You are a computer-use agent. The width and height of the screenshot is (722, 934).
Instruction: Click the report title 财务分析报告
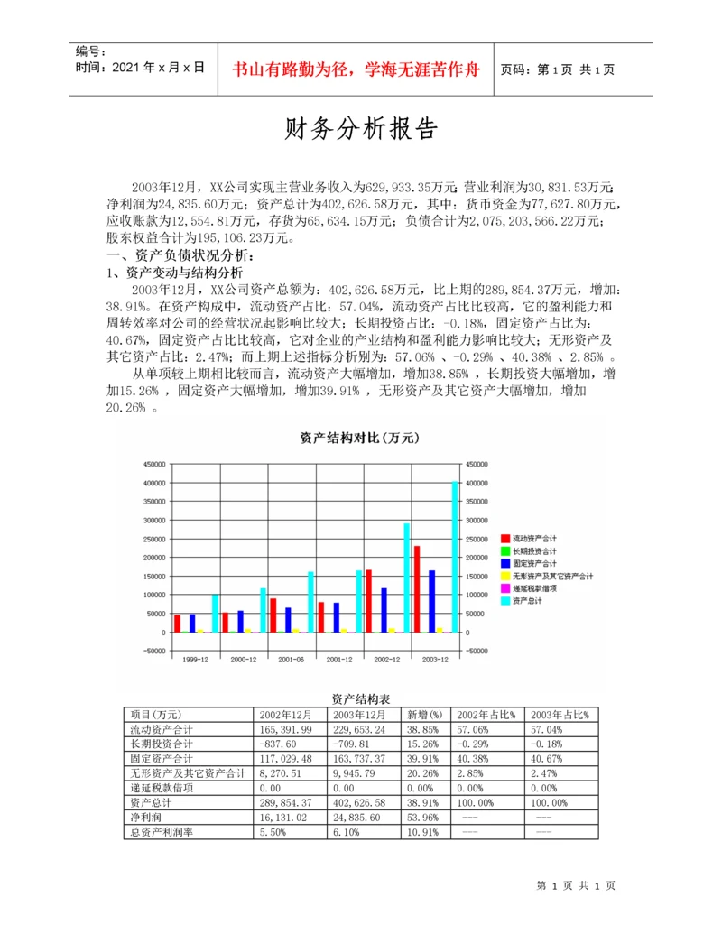point(361,130)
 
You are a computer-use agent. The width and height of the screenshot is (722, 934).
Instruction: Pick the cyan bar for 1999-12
point(215,613)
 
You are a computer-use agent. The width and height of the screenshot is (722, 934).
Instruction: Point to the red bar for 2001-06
point(273,615)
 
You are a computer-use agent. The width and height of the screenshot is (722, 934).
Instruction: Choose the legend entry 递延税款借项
point(534,587)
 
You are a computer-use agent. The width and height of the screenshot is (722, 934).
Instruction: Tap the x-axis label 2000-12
point(244,660)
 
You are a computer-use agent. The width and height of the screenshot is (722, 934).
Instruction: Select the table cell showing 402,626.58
point(361,802)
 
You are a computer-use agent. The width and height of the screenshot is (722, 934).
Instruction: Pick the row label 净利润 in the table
point(146,817)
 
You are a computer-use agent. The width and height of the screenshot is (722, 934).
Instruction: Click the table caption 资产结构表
point(360,698)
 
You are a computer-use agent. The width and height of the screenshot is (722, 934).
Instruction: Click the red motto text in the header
point(356,69)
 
